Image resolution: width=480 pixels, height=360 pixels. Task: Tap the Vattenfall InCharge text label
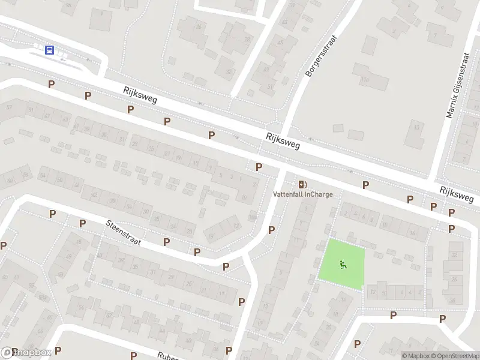pyautogui.click(x=302, y=194)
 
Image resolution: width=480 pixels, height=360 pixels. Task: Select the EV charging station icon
pyautogui.click(x=302, y=184)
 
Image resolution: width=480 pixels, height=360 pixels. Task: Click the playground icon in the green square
pyautogui.click(x=342, y=263)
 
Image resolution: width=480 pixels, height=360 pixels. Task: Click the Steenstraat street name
pyautogui.click(x=123, y=233)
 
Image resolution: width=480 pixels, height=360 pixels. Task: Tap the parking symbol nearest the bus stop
pyautogui.click(x=52, y=84)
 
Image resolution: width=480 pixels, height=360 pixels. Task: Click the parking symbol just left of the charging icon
pyautogui.click(x=259, y=167)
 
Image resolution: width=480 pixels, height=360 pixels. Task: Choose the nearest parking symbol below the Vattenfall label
pyautogui.click(x=272, y=229)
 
